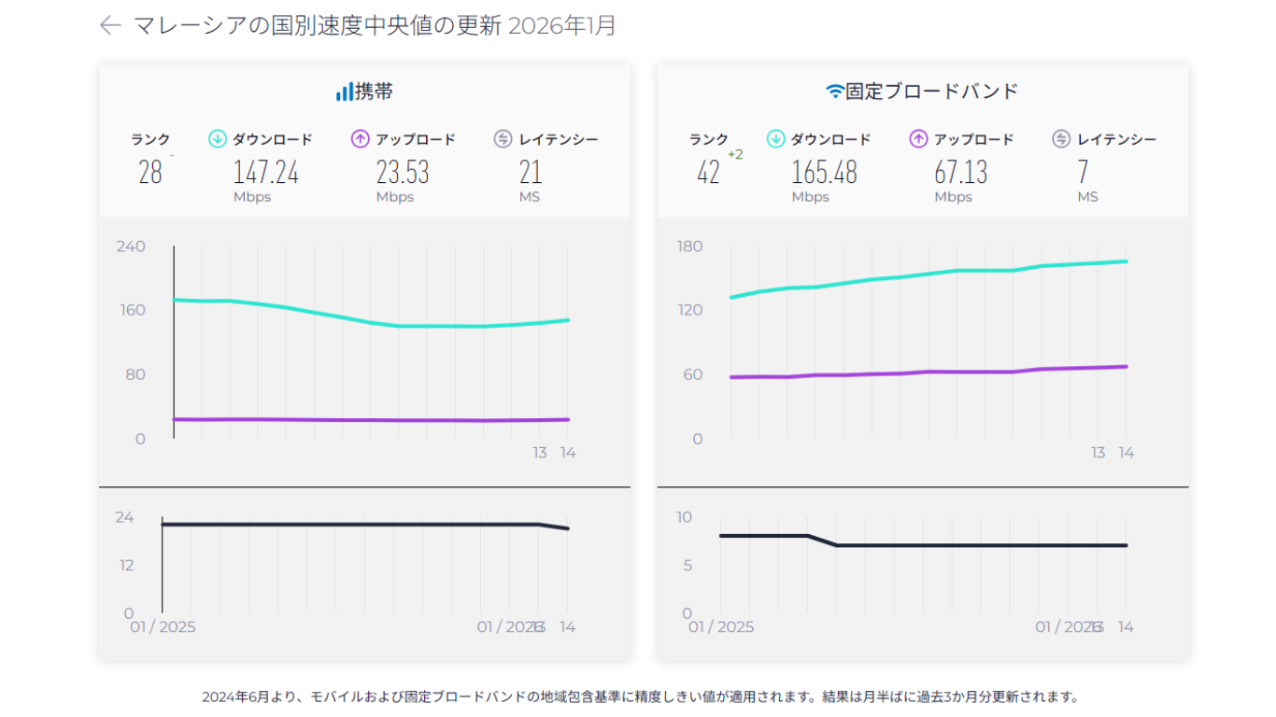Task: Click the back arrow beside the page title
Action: coord(110,26)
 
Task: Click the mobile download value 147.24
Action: coord(265,172)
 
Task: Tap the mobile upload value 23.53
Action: coord(403,172)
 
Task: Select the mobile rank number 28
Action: coord(150,172)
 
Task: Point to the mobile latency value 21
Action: coord(530,172)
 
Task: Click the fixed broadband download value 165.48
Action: coord(824,172)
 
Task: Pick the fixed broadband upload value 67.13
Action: coord(960,172)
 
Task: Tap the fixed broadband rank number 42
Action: coord(708,172)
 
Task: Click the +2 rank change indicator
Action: coord(735,155)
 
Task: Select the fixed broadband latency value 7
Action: coord(1083,172)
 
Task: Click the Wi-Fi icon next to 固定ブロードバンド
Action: coord(834,91)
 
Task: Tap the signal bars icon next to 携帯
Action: coord(345,91)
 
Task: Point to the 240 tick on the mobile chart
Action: coord(131,246)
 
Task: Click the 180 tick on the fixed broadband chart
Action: coord(690,246)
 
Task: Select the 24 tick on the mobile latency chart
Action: coord(124,517)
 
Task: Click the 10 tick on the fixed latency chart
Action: coord(685,517)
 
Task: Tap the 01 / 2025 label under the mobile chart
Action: coord(163,626)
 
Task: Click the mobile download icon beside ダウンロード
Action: coord(218,139)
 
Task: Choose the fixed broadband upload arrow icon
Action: coord(918,139)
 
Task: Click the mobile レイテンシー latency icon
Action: coord(503,139)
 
